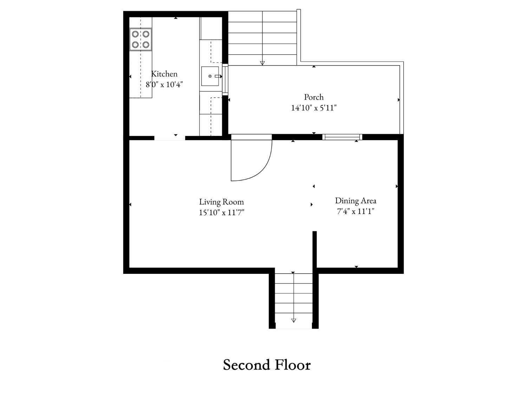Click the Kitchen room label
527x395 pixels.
pos(164,74)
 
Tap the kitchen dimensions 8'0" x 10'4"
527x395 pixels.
pos(164,84)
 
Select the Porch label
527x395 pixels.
pos(314,97)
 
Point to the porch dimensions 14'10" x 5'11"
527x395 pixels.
pos(314,108)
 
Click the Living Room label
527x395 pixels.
pos(221,202)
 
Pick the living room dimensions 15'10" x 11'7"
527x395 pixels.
pos(221,213)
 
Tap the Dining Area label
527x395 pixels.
pos(356,201)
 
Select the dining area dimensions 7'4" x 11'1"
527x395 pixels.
pos(356,211)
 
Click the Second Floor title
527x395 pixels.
pos(267,365)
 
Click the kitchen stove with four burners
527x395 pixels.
pos(141,39)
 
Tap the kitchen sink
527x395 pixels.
pos(210,76)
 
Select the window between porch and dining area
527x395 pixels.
pos(342,137)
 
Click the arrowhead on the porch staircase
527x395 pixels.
pos(262,63)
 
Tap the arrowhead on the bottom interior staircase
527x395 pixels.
pos(293,321)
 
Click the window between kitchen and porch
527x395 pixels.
pos(225,79)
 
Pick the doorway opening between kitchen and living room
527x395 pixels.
pos(169,138)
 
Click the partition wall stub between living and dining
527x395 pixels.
pos(314,249)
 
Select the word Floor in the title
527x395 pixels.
pos(293,365)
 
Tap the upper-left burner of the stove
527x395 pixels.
pos(135,34)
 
